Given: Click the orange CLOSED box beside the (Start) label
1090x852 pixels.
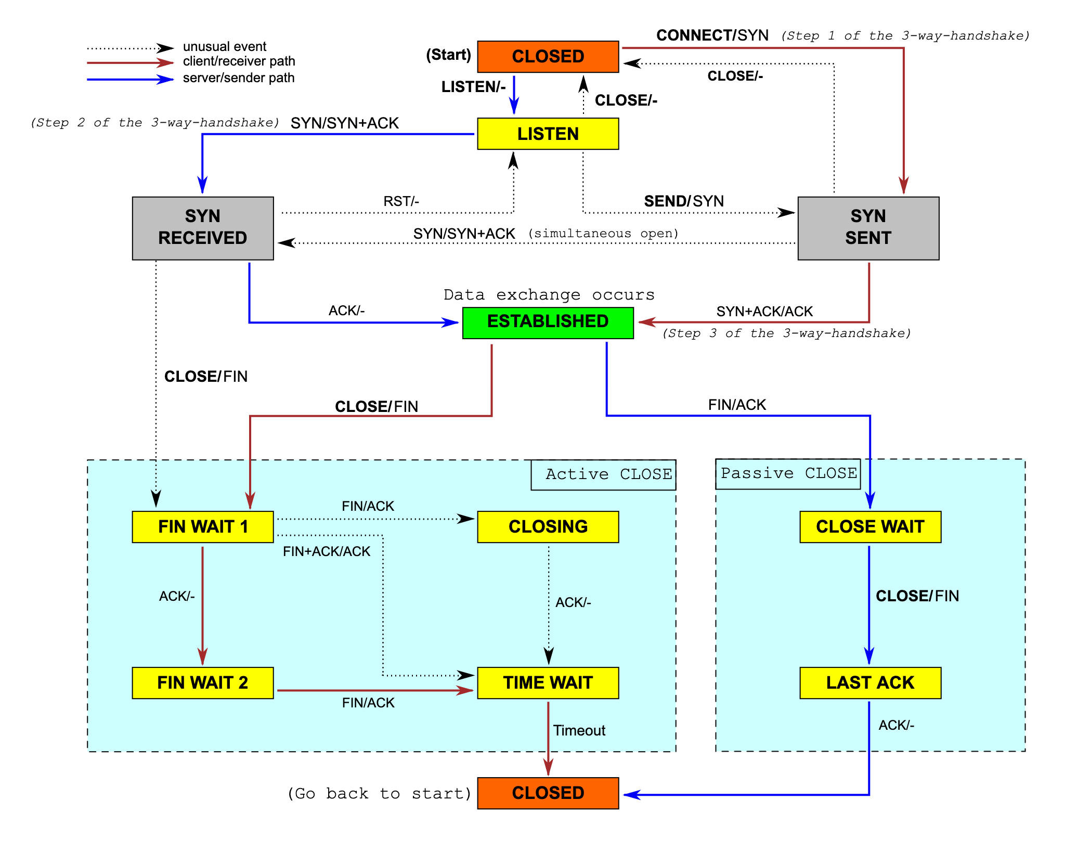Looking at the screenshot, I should (x=548, y=56).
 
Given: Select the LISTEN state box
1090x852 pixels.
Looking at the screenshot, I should (x=548, y=134).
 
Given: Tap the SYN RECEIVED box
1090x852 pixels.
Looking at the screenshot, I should (x=202, y=227).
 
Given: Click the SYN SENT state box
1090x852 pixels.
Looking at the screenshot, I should (x=868, y=227).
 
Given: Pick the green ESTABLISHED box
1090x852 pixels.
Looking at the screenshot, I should (x=548, y=322).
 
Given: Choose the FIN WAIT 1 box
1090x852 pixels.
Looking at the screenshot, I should (x=202, y=526).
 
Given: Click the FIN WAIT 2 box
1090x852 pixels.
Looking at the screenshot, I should (x=202, y=682).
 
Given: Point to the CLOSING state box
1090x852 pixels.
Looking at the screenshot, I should (x=548, y=526).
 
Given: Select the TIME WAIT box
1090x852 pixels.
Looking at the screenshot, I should (x=548, y=682).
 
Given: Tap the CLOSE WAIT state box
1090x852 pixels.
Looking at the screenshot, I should (x=870, y=526).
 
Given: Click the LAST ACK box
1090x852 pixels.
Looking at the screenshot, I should (x=870, y=682).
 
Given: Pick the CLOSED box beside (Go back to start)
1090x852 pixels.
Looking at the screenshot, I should (x=548, y=793).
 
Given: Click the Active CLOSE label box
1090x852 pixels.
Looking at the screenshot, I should (x=603, y=474).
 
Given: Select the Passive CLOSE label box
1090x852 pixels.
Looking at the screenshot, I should (x=788, y=473).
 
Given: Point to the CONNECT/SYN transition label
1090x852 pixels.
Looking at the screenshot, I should (x=712, y=35).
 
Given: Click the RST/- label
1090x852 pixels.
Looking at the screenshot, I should (x=401, y=201).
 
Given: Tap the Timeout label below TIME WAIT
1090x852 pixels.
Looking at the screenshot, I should (x=579, y=730).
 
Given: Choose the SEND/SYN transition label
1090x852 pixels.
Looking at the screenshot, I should (x=683, y=201).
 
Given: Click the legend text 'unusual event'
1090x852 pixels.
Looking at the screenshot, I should (x=224, y=47).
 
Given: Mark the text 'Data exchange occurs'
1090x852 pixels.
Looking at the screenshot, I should (x=549, y=295).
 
